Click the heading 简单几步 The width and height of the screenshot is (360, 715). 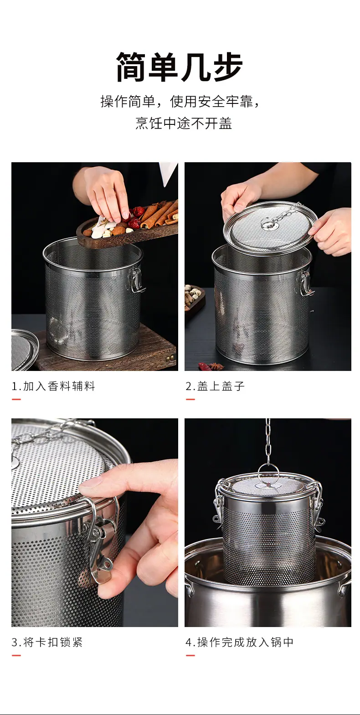pos(180,67)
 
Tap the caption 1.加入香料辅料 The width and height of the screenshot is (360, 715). pos(53,386)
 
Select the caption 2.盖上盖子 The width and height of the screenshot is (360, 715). pos(215,386)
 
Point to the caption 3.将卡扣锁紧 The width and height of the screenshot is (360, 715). pos(47,642)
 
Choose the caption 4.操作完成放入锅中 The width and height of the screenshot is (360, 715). pos(239,642)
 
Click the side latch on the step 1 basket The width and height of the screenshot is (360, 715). pos(137,280)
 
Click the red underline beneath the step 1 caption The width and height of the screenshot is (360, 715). pos(16,399)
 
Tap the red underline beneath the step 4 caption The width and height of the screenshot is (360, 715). pos(190,655)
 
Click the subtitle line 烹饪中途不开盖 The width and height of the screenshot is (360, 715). pos(184,123)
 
